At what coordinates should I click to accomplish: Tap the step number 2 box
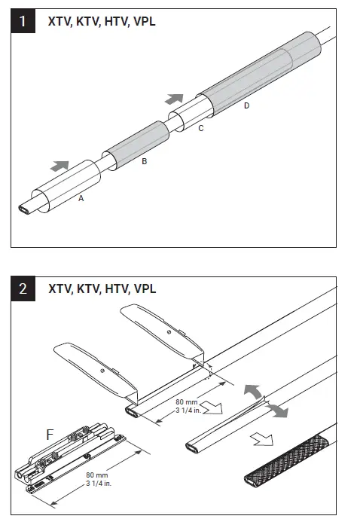coord(25,289)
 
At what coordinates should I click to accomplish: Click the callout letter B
coord(144,162)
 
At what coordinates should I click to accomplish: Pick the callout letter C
coord(200,129)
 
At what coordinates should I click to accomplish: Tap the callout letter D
coord(246,105)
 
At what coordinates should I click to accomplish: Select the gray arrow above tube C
coord(173,99)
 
